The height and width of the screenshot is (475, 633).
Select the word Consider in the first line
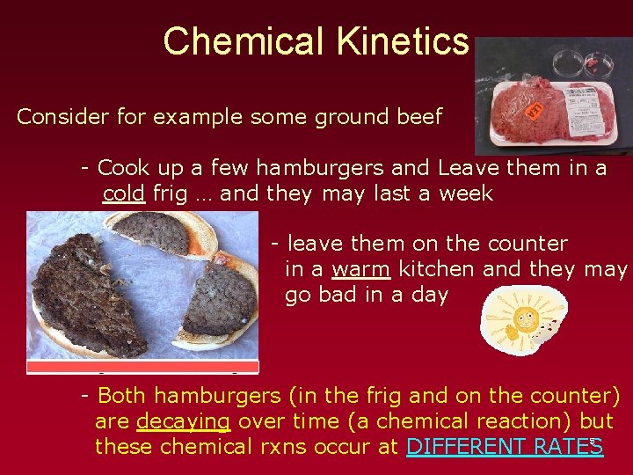59,117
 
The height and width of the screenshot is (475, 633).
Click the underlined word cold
123,194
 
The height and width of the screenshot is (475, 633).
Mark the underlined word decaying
183,421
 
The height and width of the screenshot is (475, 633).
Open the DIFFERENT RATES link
504,447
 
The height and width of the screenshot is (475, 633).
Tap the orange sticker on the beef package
534,110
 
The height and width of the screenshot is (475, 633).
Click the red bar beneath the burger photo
142,367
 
